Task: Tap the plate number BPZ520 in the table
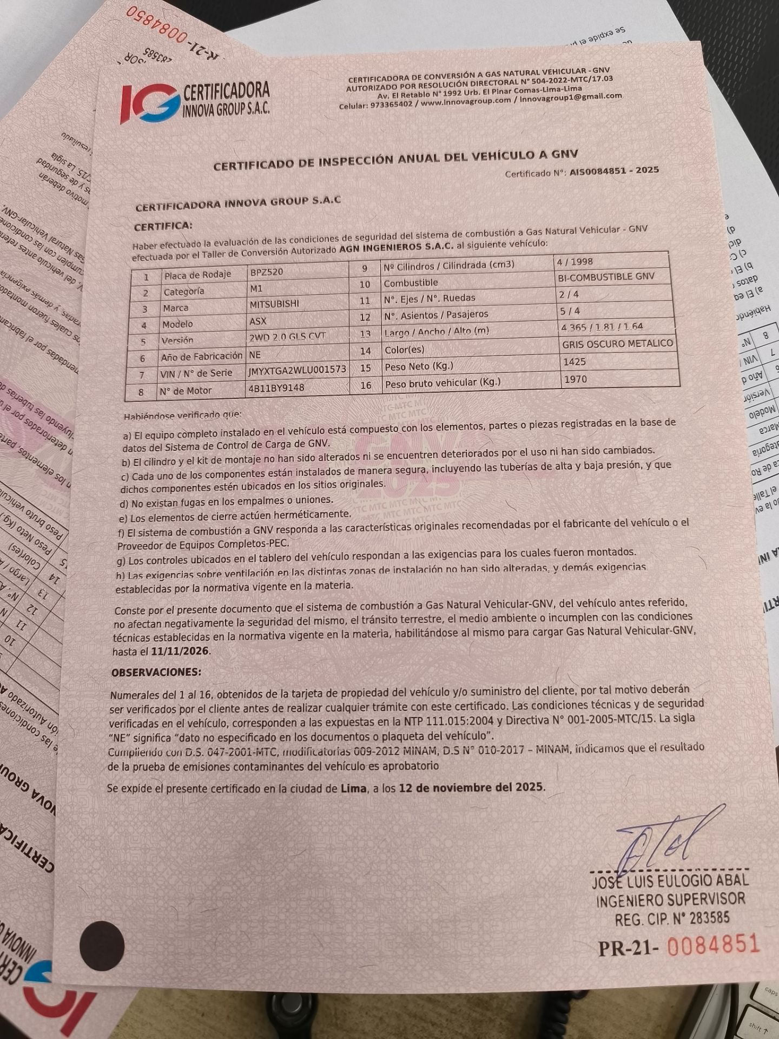[x=267, y=272]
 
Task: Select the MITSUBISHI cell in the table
[x=274, y=304]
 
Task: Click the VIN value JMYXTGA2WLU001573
[x=297, y=370]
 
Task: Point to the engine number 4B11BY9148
[x=276, y=388]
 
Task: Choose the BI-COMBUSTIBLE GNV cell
[x=606, y=277]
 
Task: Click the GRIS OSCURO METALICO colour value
[x=617, y=344]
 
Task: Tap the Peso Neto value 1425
[x=575, y=361]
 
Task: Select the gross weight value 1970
[x=575, y=379]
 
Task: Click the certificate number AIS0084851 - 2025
[x=614, y=170]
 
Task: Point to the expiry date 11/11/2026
[x=180, y=651]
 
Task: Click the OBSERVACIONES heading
[x=156, y=672]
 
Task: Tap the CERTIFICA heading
[x=163, y=226]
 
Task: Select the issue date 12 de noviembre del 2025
[x=471, y=787]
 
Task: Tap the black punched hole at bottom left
[x=102, y=945]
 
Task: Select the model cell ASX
[x=258, y=321]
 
